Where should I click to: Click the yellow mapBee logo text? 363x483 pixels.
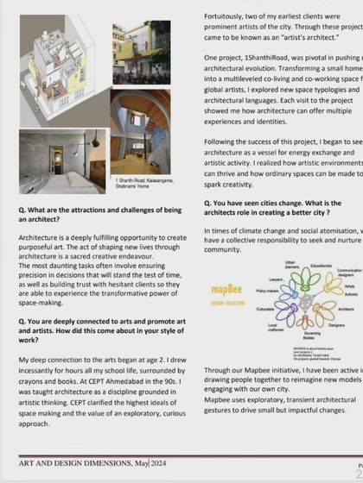[228, 289]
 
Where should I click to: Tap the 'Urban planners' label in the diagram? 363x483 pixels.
[290, 264]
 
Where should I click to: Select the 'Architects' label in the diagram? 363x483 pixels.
[346, 309]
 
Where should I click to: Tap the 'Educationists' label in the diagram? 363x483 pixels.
[321, 266]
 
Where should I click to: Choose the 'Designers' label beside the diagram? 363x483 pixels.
[336, 325]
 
